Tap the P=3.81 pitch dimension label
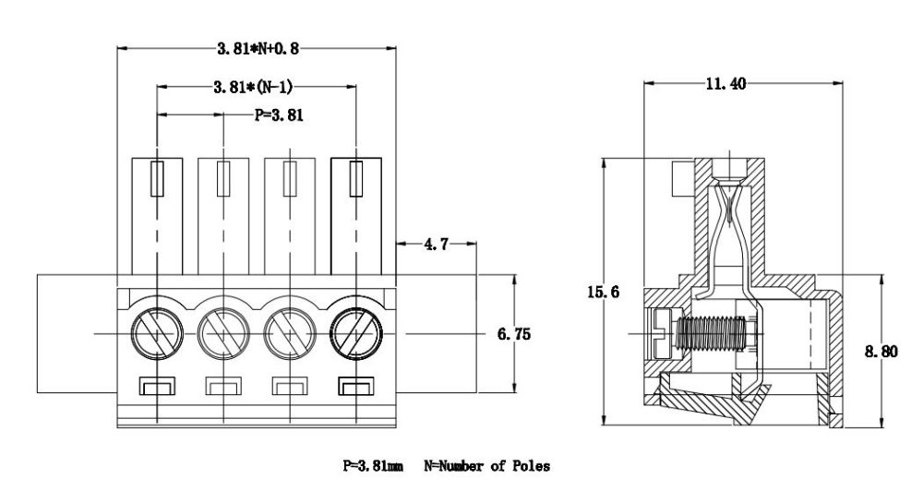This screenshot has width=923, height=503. (279, 116)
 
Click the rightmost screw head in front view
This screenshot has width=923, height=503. (354, 330)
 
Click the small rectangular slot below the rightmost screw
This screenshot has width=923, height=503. (354, 386)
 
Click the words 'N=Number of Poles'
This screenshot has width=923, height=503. (486, 467)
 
